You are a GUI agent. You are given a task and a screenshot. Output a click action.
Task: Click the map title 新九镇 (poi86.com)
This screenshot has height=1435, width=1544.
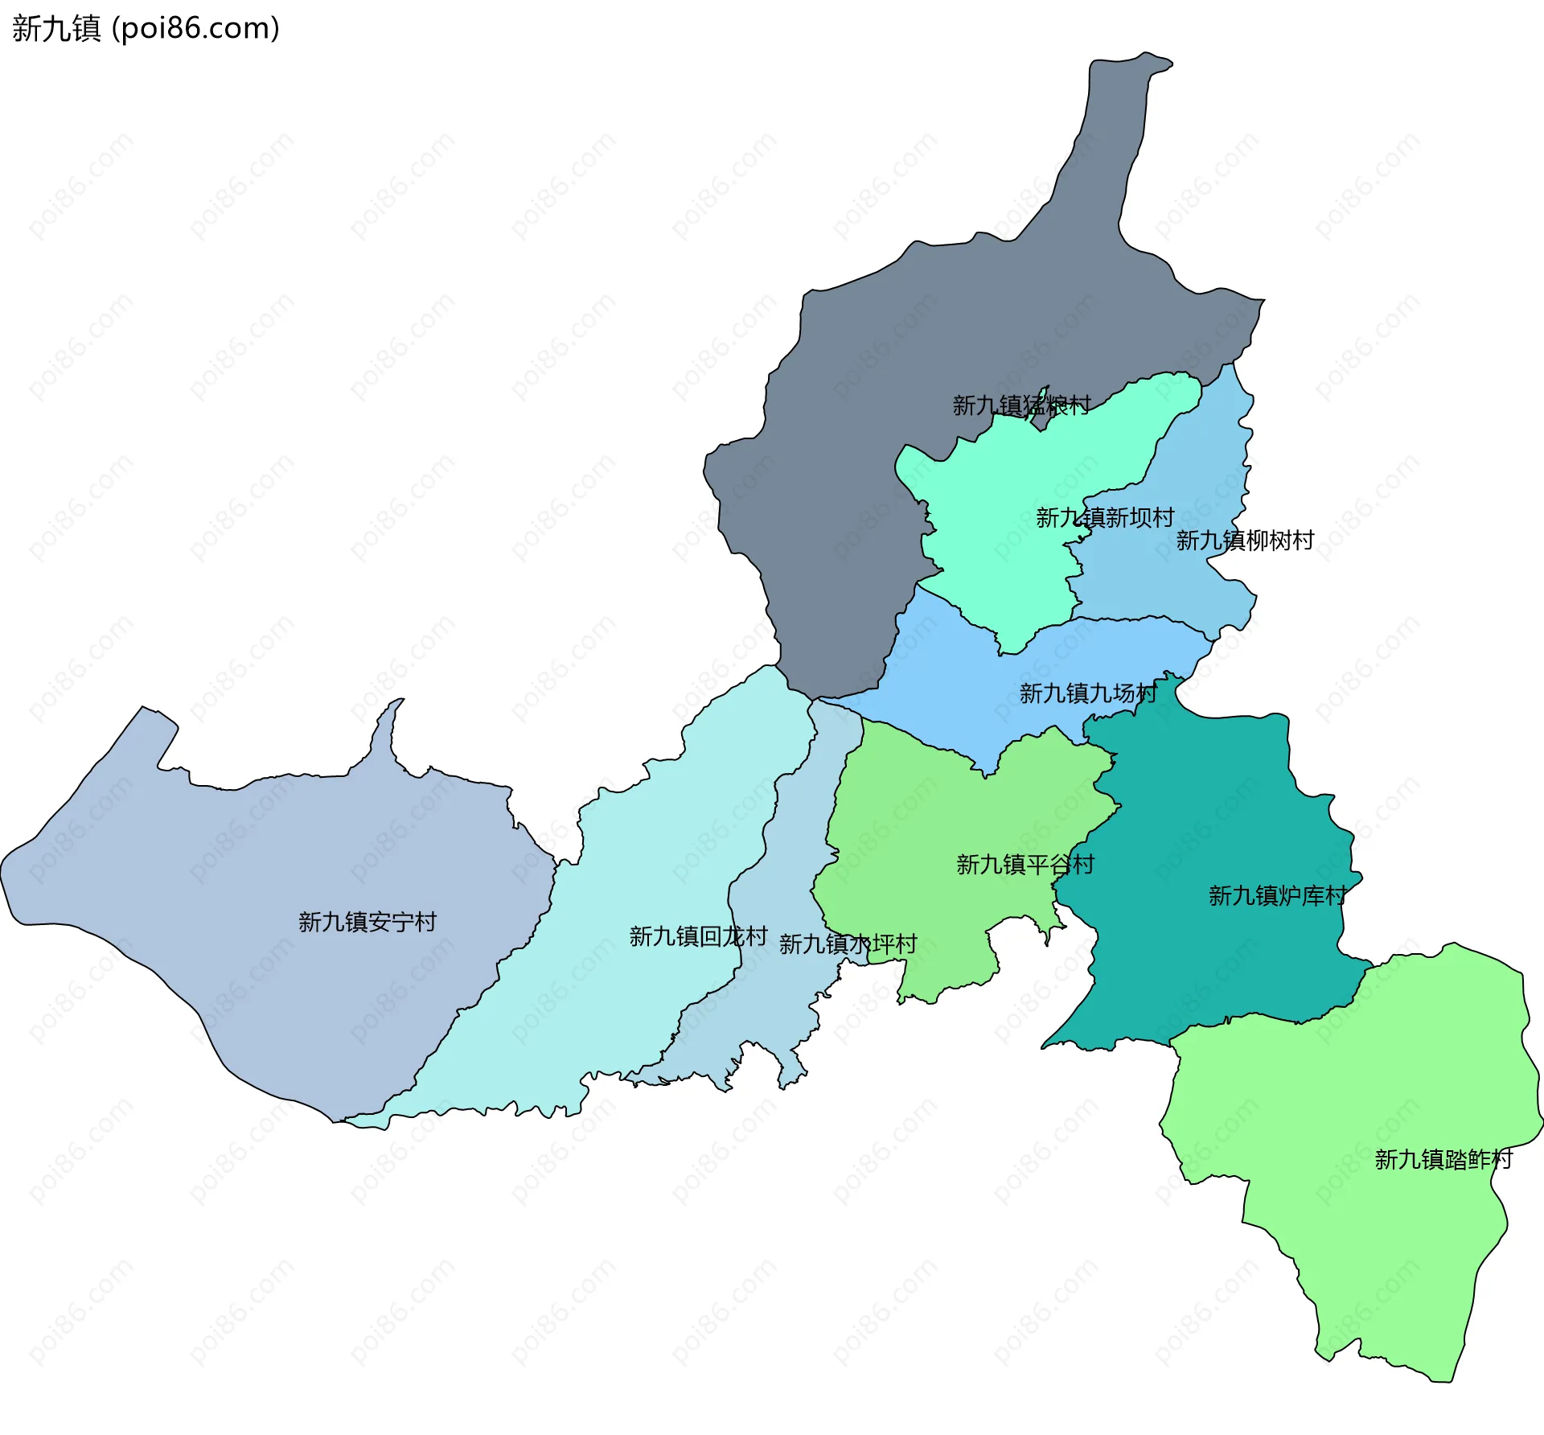[x=145, y=28]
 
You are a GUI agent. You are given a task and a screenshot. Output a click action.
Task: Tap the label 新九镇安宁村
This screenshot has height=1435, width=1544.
[x=368, y=922]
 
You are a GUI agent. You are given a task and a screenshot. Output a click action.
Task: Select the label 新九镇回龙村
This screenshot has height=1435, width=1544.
[x=698, y=936]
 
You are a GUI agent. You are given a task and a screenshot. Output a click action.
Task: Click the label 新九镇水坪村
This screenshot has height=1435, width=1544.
[x=848, y=944]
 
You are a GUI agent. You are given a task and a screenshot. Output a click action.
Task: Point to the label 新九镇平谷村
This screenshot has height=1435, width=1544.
[x=1025, y=865]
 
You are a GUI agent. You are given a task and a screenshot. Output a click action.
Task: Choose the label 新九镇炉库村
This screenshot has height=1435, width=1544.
[x=1277, y=896]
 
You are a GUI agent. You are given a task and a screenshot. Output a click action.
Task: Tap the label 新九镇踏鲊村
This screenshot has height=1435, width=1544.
[x=1443, y=1159]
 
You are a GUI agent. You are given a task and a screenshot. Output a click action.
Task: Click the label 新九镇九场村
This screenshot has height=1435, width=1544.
[x=1088, y=693]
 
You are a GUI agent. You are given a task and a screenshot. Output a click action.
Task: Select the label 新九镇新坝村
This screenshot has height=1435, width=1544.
[x=1105, y=518]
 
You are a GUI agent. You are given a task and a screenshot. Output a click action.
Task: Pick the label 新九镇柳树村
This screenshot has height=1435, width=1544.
[x=1245, y=541]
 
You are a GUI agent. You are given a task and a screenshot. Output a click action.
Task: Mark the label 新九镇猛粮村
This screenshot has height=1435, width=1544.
[x=1021, y=405]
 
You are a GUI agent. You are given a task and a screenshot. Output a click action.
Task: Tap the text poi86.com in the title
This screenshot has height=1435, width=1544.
[x=195, y=28]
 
